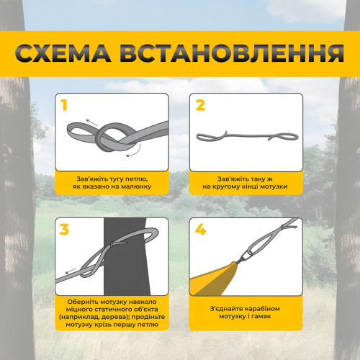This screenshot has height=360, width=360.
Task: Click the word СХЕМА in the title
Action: [63, 53]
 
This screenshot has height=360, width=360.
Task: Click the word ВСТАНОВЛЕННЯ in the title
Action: [232, 53]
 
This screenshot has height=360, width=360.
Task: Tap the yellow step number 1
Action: [64, 105]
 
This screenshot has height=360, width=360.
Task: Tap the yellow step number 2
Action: [200, 105]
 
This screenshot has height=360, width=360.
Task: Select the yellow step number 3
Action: [64, 229]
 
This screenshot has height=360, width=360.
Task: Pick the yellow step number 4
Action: [200, 229]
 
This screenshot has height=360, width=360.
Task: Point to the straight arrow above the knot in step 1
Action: [91, 122]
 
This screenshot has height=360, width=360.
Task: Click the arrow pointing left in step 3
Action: [71, 271]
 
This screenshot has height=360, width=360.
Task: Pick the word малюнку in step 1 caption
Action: [136, 186]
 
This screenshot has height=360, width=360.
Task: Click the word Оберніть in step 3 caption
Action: [83, 302]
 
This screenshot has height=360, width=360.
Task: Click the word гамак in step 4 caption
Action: [261, 316]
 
